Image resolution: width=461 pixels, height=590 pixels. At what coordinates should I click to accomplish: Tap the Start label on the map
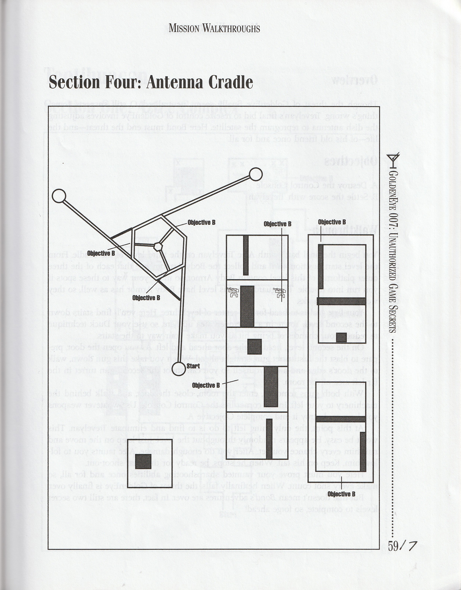(x=193, y=366)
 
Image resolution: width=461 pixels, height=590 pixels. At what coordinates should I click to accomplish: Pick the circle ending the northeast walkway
(x=255, y=174)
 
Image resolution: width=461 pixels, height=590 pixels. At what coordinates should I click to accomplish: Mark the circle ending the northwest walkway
(x=59, y=196)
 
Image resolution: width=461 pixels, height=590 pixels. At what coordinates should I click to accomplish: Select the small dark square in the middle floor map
(x=254, y=347)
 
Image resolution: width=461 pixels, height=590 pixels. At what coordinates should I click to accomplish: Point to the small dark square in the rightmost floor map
(x=341, y=337)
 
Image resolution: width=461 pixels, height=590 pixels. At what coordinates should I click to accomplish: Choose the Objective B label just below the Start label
(x=206, y=385)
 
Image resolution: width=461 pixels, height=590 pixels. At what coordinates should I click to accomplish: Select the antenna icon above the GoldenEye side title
(x=393, y=160)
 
